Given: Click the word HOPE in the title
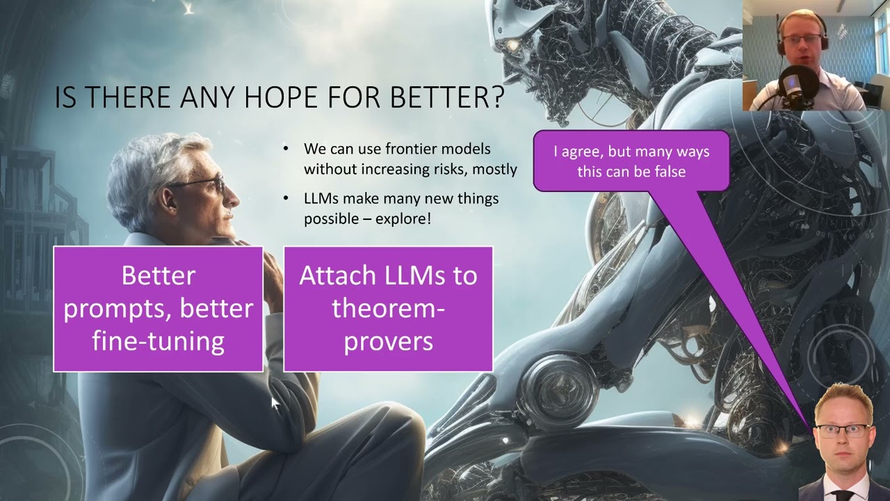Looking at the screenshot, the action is click(280, 97).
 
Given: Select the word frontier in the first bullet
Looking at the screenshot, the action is click(411, 149).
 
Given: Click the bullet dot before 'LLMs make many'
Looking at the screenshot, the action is click(286, 198).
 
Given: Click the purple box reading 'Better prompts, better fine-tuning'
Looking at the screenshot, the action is click(158, 309).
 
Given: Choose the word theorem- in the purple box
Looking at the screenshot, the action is click(388, 308).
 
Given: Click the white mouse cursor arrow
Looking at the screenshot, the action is click(275, 402).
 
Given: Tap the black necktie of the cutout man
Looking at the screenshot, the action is click(842, 495).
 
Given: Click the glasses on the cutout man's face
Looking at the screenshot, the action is click(841, 431).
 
